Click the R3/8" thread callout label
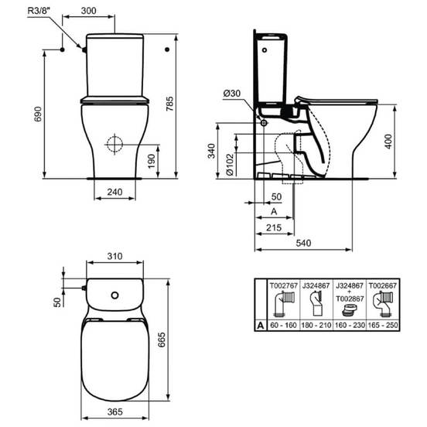click(x=39, y=11)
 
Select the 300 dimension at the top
click(x=88, y=11)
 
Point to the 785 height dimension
click(x=169, y=104)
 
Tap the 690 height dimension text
click(x=38, y=114)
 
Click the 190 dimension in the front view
click(x=151, y=161)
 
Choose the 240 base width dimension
click(x=114, y=192)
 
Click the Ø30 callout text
click(x=232, y=94)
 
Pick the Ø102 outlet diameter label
click(x=230, y=165)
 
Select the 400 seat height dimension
click(x=388, y=142)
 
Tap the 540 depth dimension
click(x=303, y=243)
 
